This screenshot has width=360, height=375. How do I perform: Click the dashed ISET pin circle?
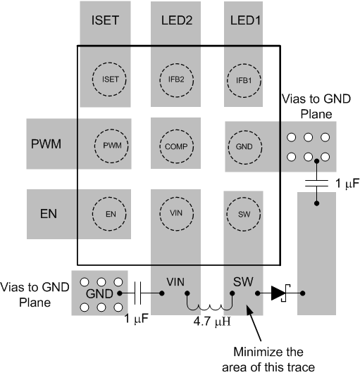[106, 79]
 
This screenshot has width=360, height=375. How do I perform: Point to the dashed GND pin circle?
[244, 146]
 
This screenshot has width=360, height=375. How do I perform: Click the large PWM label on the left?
[48, 146]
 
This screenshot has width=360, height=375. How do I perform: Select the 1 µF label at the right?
[342, 183]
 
